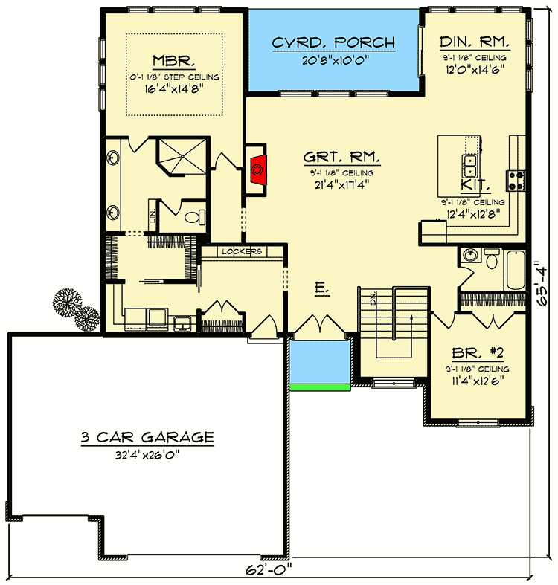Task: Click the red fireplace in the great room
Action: click(x=257, y=169)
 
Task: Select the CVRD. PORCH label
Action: click(x=333, y=42)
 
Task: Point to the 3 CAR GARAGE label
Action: click(x=147, y=437)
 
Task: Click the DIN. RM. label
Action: click(x=474, y=42)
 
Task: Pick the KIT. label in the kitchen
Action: click(x=475, y=184)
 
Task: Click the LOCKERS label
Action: click(x=243, y=252)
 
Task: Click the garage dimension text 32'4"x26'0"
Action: click(x=147, y=455)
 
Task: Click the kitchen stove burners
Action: click(x=516, y=178)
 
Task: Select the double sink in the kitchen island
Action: click(x=471, y=161)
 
